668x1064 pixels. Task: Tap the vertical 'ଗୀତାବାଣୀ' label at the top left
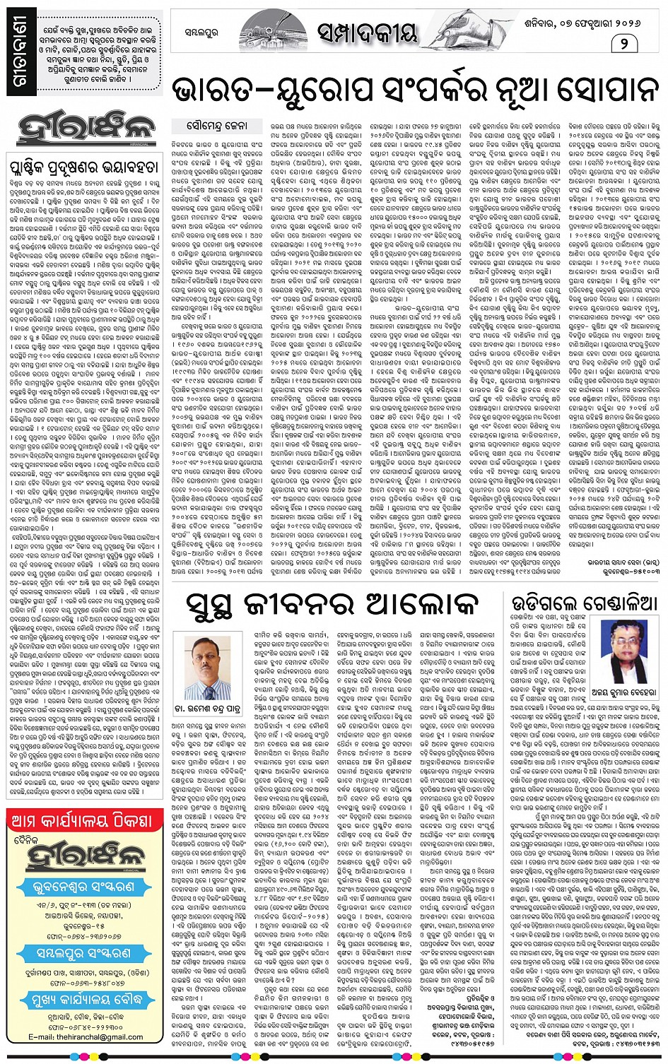tap(20, 57)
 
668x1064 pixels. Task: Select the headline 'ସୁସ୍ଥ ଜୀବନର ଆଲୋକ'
tap(332, 605)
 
